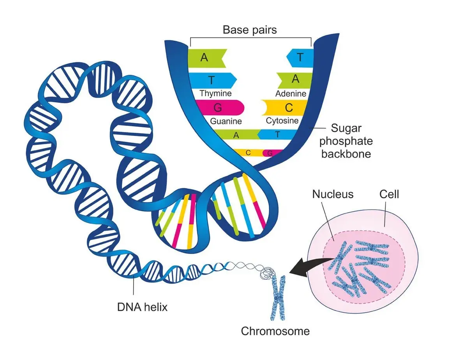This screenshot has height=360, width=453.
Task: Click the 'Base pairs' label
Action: coord(250,30)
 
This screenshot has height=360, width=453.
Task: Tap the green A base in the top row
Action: coord(206,58)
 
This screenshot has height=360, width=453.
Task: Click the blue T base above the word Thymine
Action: coord(213,80)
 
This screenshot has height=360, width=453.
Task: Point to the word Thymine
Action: coord(215,94)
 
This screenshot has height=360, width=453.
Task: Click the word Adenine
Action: coord(291,94)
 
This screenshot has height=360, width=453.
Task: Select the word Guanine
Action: coord(226,121)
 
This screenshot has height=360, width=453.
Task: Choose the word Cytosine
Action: coord(282,121)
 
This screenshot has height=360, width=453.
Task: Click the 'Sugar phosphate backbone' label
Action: coord(346,141)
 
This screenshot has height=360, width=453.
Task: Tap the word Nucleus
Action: coord(333,194)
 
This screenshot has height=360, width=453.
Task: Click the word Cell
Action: coord(389,194)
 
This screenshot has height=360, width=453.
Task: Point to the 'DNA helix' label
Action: coord(142,307)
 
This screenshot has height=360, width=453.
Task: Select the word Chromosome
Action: coord(275,332)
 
